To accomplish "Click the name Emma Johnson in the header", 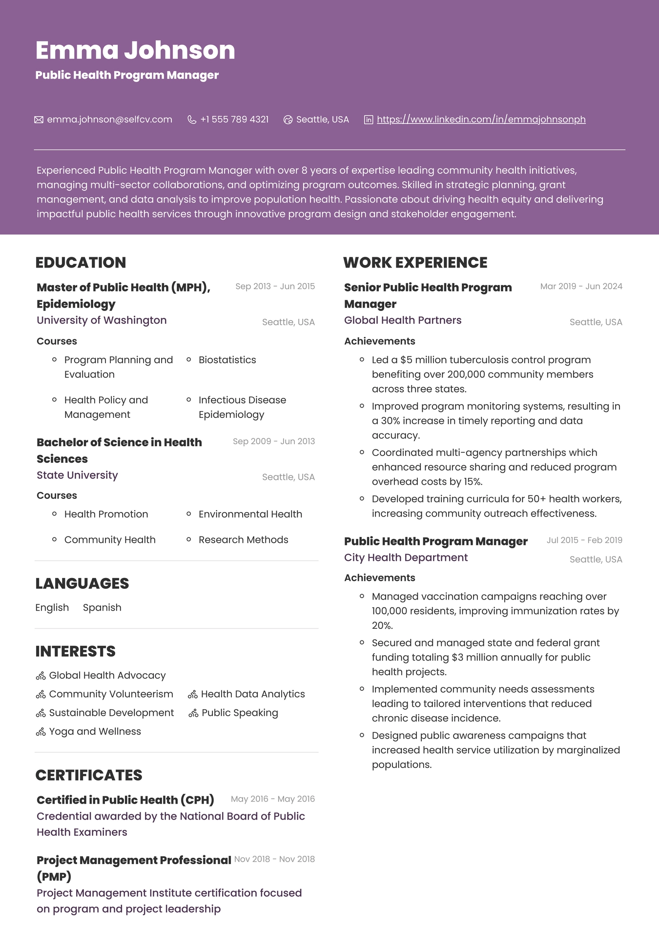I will (x=135, y=50).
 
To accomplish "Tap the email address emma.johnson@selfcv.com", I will (x=109, y=120).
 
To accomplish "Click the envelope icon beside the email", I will (x=39, y=120).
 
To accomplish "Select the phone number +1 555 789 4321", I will (x=234, y=120).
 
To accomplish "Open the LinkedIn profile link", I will (x=481, y=120).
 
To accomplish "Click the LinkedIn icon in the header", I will (x=369, y=120).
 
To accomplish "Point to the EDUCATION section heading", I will (x=81, y=263).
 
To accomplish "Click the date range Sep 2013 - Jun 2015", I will (x=275, y=287).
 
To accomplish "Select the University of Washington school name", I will (x=102, y=320).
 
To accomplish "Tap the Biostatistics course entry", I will (x=227, y=360).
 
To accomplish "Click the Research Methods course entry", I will (x=243, y=540).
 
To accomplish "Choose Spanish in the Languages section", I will (x=102, y=608).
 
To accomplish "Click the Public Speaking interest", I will (x=240, y=713).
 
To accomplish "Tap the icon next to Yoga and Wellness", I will (x=41, y=732).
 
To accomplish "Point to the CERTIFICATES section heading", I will (x=89, y=775).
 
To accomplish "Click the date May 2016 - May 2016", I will (x=272, y=799).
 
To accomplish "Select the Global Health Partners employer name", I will (x=403, y=320).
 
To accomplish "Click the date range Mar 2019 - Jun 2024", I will (x=581, y=287).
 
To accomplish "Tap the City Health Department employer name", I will (x=406, y=558).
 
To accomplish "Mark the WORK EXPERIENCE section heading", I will (x=415, y=263).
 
